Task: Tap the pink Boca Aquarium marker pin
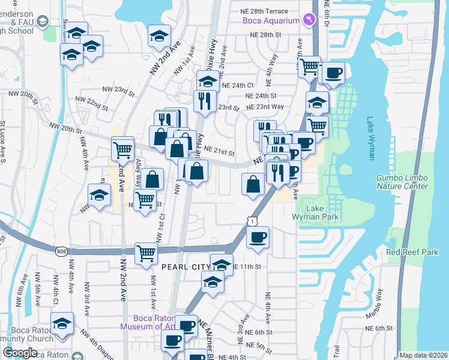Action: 309,21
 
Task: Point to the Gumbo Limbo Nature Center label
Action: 402,182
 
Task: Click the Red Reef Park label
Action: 413,253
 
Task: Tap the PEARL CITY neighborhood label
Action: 184,265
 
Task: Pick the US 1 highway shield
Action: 252,221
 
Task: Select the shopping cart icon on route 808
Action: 146,254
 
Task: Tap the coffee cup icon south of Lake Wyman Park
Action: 258,238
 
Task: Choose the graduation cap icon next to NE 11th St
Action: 221,265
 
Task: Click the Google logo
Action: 20,353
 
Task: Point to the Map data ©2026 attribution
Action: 423,355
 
